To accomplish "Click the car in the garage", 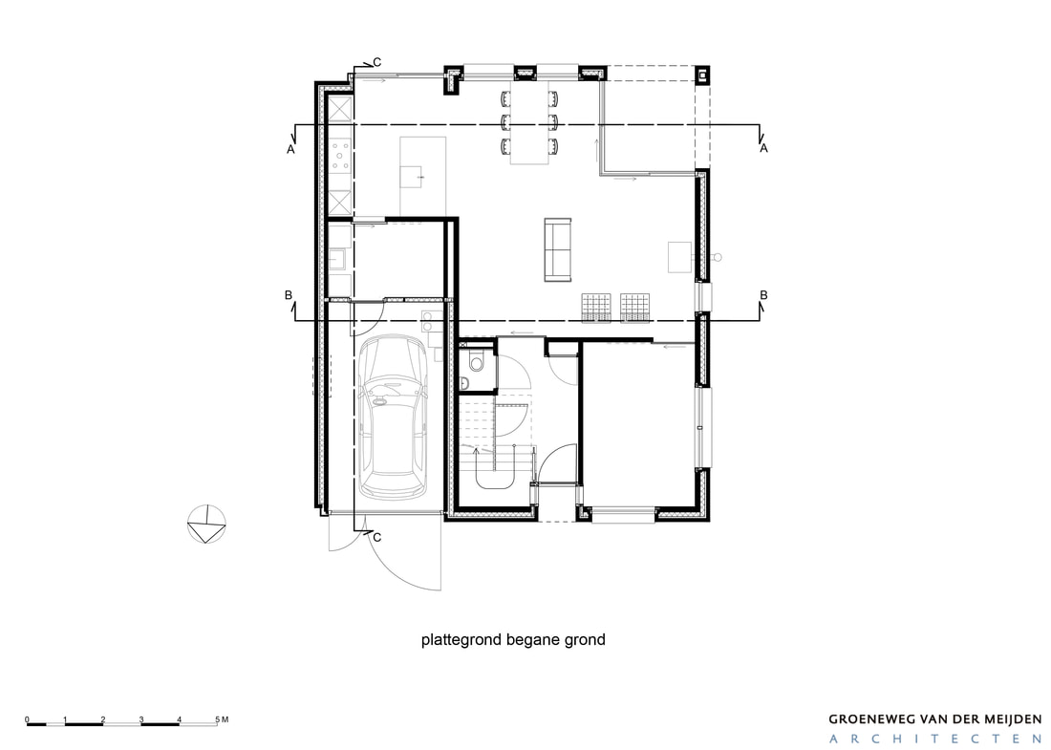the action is click(x=393, y=417).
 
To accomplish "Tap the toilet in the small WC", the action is click(x=475, y=360).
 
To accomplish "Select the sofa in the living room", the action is click(x=557, y=249).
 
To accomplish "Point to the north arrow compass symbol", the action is click(x=206, y=524).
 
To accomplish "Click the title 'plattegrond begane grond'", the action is click(x=513, y=639).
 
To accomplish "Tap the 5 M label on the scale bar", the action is click(x=222, y=719).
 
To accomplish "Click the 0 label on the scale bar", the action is click(x=28, y=719).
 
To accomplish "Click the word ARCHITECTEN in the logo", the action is click(x=935, y=739).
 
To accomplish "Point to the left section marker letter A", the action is click(x=290, y=149).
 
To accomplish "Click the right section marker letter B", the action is click(x=763, y=295).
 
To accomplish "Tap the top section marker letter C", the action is click(x=376, y=62).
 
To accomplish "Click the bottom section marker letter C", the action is click(x=376, y=538).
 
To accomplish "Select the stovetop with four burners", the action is click(x=340, y=155).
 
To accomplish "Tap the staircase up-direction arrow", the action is click(x=476, y=454).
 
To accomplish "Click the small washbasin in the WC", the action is click(x=465, y=383).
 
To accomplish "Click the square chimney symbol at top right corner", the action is click(x=702, y=75).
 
